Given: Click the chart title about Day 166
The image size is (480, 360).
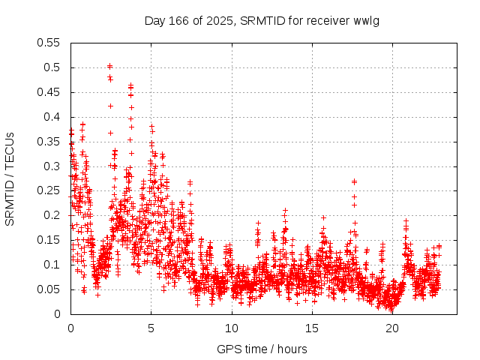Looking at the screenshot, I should pos(262,20).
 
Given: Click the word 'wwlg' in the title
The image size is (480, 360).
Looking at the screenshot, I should pos(367,20).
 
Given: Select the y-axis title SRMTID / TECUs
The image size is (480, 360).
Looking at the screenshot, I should pos(10,178).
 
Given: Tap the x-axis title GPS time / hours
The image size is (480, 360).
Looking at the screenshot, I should pos(262,349).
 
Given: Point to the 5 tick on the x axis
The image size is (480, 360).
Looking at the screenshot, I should pos(151,328).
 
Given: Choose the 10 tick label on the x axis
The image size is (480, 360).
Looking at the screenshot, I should pos(232,328).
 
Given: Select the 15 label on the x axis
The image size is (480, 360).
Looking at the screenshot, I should pos(312,328).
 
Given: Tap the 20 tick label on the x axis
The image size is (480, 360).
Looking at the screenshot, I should pos(392,328).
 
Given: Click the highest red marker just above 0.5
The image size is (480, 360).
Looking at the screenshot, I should pos(110,66).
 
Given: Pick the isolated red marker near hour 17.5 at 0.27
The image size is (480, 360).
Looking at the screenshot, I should pos(354,181).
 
